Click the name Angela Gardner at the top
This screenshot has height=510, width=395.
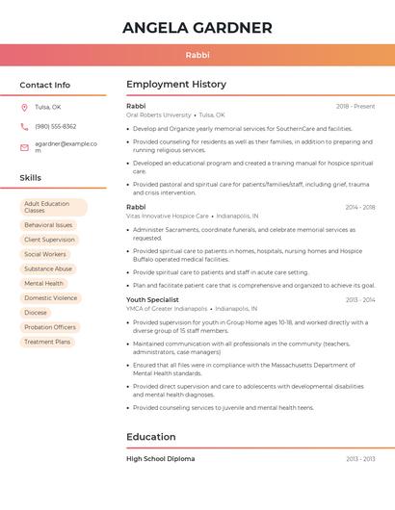click(x=197, y=28)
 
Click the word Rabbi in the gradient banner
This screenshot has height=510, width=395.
click(x=197, y=55)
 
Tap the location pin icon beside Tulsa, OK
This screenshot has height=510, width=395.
click(x=24, y=107)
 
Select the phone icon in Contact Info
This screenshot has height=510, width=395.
click(x=24, y=126)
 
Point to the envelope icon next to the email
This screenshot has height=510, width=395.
click(x=24, y=146)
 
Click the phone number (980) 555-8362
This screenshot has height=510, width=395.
click(x=55, y=126)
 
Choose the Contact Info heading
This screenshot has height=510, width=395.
click(x=44, y=85)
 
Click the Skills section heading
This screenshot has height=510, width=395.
click(x=30, y=178)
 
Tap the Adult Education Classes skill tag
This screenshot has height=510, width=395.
click(x=53, y=207)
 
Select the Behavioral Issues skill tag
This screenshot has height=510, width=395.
click(x=48, y=225)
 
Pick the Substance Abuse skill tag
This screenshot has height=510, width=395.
click(x=48, y=268)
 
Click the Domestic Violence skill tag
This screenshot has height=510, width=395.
click(x=50, y=298)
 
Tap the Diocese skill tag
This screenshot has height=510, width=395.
click(x=36, y=313)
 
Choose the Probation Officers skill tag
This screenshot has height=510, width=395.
click(x=50, y=327)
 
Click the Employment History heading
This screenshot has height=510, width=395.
click(x=175, y=85)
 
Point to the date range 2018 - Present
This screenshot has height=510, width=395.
click(x=355, y=106)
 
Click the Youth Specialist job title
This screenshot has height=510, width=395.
click(x=152, y=299)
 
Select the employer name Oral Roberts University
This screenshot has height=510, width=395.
click(x=159, y=115)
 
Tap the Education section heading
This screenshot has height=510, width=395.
click(x=150, y=437)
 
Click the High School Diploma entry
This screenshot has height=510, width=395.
click(x=160, y=459)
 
